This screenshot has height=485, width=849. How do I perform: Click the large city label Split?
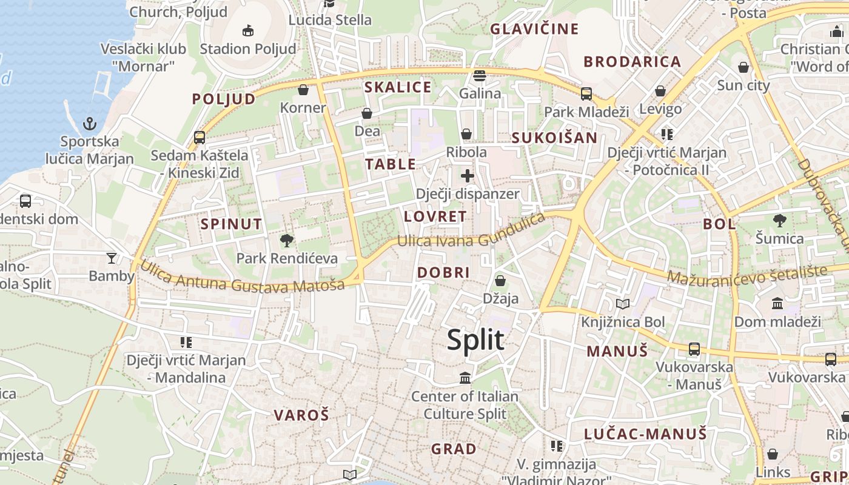475,340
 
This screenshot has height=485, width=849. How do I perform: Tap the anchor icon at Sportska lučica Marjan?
90,124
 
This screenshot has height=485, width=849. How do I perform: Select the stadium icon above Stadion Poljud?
247,30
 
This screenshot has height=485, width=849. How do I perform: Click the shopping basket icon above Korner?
303,90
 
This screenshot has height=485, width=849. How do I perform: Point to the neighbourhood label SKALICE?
398,87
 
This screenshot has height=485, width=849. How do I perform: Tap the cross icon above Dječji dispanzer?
467,176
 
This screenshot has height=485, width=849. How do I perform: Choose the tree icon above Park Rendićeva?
286,240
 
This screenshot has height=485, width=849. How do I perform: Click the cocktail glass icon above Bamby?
111,258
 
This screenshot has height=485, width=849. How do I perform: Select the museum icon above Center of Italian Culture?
465,378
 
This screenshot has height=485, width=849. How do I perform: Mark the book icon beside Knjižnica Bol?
623,304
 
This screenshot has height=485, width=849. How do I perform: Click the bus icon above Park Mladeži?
586,94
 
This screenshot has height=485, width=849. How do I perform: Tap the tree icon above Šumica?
779,221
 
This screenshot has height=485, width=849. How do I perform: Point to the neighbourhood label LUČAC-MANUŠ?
645,434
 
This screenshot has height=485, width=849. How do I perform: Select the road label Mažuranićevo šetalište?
747,275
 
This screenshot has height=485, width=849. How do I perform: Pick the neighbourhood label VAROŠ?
301,415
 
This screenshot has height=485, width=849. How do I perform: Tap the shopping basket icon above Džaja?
500,281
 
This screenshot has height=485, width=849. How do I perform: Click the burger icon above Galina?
480,76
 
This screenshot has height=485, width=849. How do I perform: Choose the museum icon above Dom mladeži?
777,303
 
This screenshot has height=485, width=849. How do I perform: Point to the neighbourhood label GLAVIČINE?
534,28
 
